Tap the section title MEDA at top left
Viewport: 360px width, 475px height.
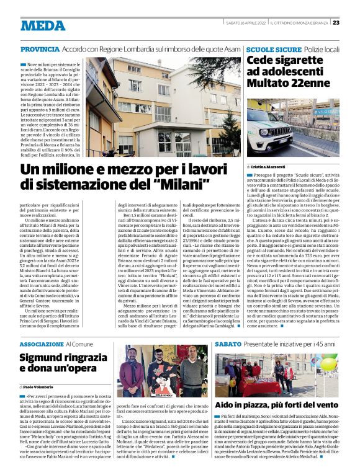tap(42, 25)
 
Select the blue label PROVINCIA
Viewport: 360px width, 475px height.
tap(40, 49)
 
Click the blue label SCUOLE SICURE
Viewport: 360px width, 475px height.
tap(265, 48)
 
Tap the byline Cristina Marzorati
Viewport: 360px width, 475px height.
tap(269, 167)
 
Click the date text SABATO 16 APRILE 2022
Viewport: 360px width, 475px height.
tap(245, 22)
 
